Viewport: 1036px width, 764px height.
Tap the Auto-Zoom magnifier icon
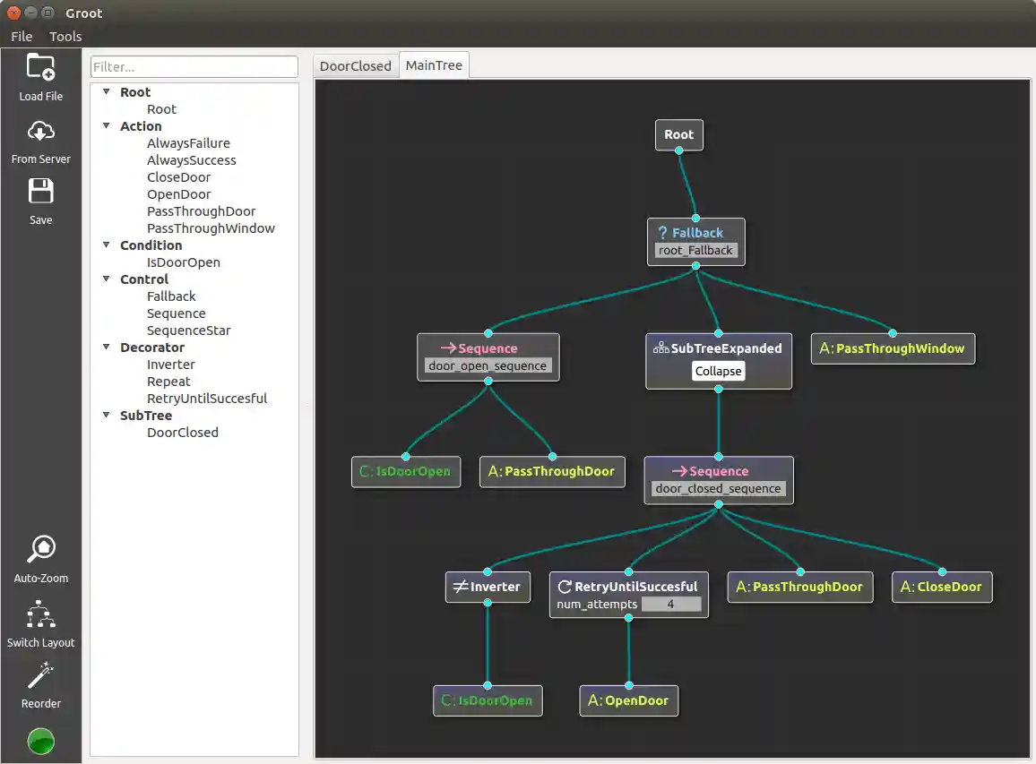(41, 549)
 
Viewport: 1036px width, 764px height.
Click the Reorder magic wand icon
(41, 675)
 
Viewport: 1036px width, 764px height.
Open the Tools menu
(65, 37)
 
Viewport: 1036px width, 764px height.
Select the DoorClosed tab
(356, 66)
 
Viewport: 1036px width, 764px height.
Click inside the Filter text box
(194, 67)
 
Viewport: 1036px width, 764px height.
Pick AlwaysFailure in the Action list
(188, 143)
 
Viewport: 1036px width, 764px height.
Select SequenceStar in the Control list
(188, 330)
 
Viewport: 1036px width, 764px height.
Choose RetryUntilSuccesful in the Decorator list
(207, 399)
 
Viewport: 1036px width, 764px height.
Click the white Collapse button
(718, 372)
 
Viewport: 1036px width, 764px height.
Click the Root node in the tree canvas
(678, 135)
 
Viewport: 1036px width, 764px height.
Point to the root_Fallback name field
(695, 251)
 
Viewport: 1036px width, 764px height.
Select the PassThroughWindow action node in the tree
(893, 348)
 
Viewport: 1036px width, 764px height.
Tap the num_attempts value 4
(670, 605)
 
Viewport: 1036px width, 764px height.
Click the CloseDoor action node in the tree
(942, 588)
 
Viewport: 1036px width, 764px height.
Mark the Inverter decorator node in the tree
(488, 588)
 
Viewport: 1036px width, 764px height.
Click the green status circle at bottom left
(41, 742)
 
